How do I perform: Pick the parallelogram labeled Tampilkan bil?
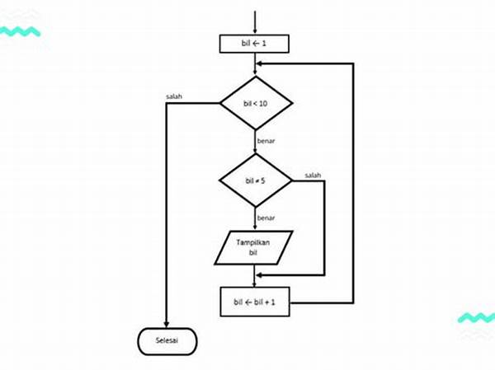point(254,248)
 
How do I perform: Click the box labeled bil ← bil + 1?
point(254,302)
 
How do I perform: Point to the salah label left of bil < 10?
point(174,96)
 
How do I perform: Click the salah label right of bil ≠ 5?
point(313,175)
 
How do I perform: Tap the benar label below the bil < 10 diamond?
point(266,143)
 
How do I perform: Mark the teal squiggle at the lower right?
point(476,318)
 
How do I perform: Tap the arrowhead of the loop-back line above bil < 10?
point(260,63)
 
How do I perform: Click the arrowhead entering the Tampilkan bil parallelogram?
point(254,227)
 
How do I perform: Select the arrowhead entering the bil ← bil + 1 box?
point(254,283)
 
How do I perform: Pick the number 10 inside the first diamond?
point(262,103)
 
